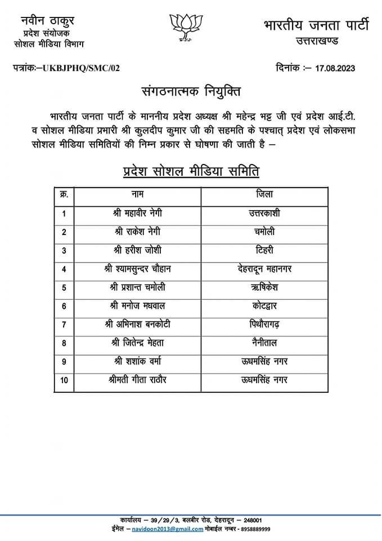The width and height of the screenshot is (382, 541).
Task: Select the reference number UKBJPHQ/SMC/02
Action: (79, 68)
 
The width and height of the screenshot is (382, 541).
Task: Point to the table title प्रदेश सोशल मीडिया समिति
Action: (191, 171)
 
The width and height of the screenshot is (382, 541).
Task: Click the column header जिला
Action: (264, 194)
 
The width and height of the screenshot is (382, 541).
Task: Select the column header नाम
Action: (137, 194)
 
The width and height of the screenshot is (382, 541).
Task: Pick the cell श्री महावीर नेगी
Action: (138, 213)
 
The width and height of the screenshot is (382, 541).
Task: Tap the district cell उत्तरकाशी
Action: (264, 213)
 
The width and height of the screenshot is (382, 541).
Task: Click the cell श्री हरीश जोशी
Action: (138, 250)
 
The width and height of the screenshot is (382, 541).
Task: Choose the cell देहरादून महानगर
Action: (264, 269)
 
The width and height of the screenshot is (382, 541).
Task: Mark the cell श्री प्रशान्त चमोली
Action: (138, 287)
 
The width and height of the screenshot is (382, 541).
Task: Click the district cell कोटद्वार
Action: (264, 306)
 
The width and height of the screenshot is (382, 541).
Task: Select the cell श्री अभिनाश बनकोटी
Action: (138, 325)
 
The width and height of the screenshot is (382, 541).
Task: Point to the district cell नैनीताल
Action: (264, 343)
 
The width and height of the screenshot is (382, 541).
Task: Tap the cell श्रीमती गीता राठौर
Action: (138, 380)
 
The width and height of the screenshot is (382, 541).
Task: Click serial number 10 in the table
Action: (64, 380)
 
